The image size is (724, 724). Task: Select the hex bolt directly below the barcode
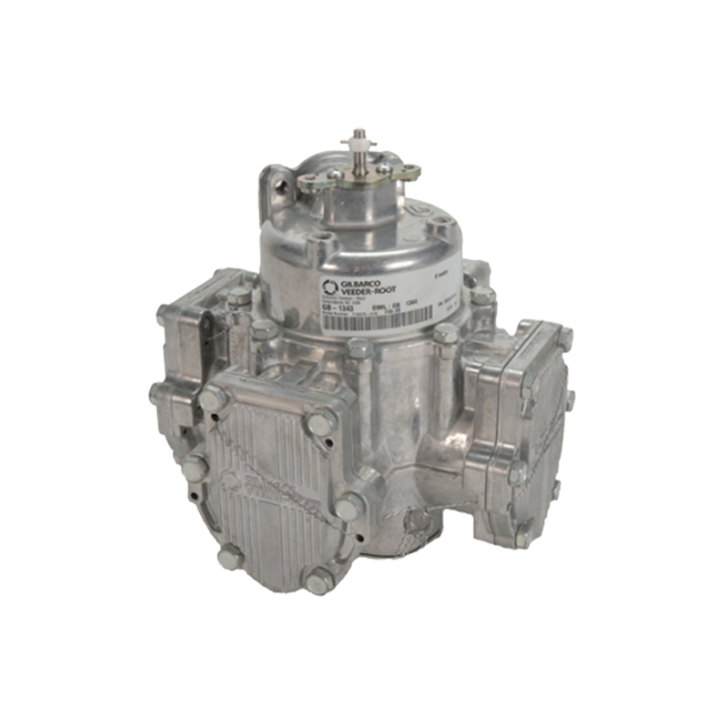click(360, 349)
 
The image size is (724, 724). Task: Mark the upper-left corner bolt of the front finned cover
click(213, 396)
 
